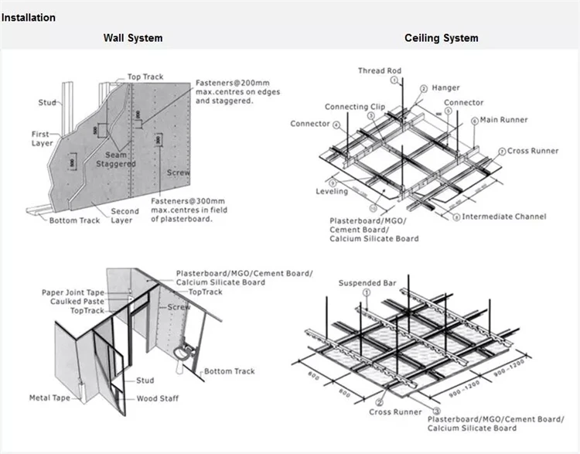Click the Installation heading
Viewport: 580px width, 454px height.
29,18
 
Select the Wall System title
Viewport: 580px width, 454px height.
134,38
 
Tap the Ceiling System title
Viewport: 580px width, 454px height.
441,38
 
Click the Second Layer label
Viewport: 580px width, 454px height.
125,216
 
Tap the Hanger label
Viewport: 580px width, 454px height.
445,88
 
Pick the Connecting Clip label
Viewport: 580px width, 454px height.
354,108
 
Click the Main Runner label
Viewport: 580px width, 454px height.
504,120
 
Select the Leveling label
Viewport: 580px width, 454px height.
331,191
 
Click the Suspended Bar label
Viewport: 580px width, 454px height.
367,284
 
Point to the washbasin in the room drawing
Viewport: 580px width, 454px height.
181,353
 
